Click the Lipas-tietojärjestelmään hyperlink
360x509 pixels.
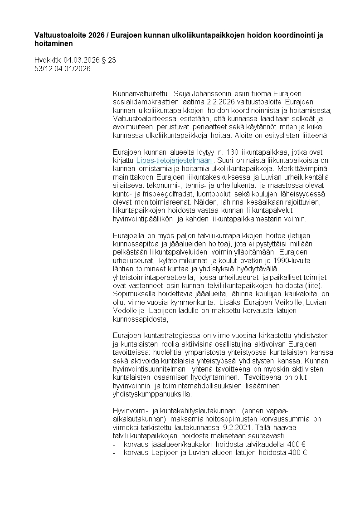click(x=174, y=160)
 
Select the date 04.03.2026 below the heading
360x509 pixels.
click(x=79, y=59)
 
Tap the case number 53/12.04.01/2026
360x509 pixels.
click(x=63, y=69)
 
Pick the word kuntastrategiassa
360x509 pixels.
click(x=171, y=335)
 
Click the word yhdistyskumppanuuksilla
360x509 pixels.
click(x=150, y=394)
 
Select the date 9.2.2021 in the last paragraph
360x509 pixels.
click(x=238, y=427)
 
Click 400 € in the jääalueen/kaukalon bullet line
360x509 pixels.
click(x=298, y=444)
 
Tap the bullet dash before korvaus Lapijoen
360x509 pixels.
click(x=115, y=452)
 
